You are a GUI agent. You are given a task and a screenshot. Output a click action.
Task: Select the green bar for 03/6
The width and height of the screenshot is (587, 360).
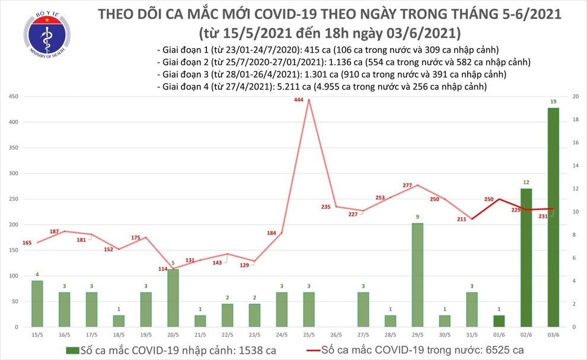(x=553, y=217)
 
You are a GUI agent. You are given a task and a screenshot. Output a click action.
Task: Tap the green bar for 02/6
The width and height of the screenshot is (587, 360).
(x=526, y=257)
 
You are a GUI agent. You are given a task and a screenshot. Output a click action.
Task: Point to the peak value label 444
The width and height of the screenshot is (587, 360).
(x=299, y=100)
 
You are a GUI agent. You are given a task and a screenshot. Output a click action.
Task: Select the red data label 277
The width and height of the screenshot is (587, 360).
(x=407, y=186)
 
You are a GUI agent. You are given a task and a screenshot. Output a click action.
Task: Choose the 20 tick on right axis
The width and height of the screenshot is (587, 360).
(x=574, y=97)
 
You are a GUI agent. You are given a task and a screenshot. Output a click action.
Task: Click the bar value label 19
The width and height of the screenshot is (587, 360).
(x=553, y=102)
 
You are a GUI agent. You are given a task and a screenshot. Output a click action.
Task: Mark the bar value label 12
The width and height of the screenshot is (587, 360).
(x=526, y=183)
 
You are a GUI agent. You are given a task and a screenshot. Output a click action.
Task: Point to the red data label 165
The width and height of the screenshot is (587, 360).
(x=27, y=243)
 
